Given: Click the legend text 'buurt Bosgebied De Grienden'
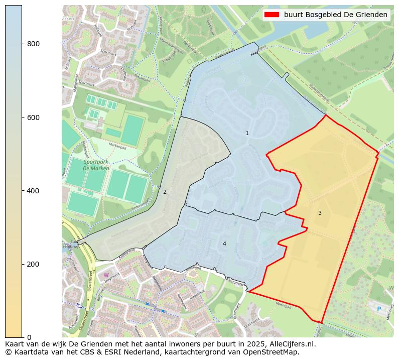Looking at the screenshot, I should [x=335, y=15].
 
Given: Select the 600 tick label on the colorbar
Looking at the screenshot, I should [x=33, y=117].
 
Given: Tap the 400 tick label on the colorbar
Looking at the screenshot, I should [x=33, y=191].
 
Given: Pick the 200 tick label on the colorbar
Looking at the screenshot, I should [x=33, y=264].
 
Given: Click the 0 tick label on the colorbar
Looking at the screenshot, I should [x=29, y=337].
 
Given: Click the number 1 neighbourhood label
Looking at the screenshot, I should [x=247, y=133].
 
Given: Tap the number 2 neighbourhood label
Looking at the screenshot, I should [x=165, y=192].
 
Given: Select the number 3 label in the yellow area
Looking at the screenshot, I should [x=320, y=213].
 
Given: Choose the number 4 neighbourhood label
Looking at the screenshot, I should [x=224, y=244].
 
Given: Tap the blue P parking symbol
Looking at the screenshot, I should [x=379, y=309].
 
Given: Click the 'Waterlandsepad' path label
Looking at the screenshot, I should [x=319, y=93].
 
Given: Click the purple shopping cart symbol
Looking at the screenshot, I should [x=106, y=275].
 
